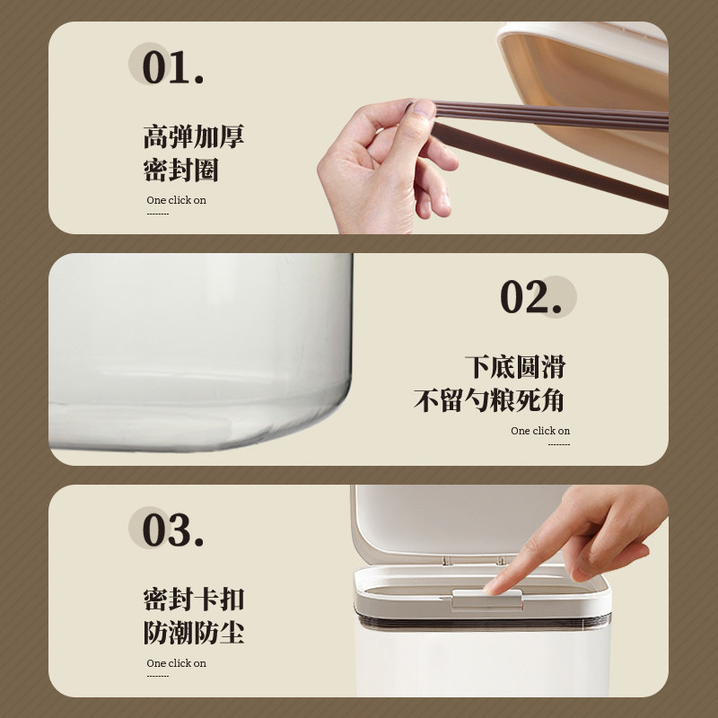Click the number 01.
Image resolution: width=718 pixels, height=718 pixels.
point(172,69)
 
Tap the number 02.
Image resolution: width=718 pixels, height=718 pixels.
point(530,298)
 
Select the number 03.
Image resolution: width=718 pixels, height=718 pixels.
point(172,530)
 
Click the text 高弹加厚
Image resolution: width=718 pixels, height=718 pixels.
point(193,137)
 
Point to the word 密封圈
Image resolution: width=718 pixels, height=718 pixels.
point(180,170)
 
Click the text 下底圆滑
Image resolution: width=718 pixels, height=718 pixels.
point(515,367)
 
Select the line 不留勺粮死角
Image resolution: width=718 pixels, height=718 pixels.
point(490,400)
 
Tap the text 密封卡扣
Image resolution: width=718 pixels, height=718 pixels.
point(193,600)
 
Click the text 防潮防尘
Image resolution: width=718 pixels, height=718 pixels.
point(193,632)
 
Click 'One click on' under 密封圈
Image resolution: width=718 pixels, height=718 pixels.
point(176,201)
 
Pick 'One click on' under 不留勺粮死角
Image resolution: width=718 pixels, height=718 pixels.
point(540,431)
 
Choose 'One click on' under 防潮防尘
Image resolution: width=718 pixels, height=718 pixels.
point(176,663)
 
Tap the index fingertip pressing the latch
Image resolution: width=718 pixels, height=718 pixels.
point(495,584)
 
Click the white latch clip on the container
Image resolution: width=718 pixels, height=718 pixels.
point(486,599)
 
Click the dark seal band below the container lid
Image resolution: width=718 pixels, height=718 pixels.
point(485,621)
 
